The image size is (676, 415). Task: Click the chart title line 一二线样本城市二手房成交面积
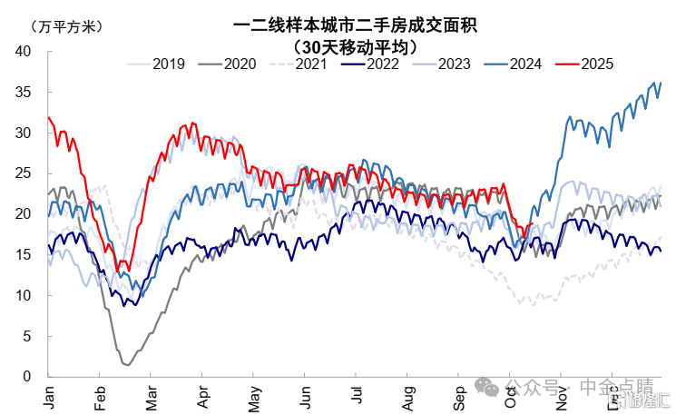pos(355,25)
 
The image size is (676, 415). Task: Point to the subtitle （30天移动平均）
pos(355,45)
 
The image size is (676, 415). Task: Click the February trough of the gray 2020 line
pos(127,364)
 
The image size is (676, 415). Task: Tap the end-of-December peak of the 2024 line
pos(661,83)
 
